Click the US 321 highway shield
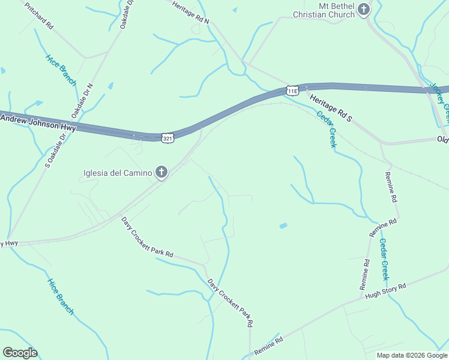[x=167, y=138]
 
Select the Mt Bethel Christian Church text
[x=324, y=10]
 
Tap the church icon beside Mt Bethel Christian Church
[x=364, y=9]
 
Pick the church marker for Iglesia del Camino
[x=161, y=173]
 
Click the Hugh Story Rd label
[x=386, y=290]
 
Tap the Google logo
[x=20, y=353]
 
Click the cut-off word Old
[x=442, y=139]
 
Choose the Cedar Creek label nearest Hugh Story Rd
[x=385, y=259]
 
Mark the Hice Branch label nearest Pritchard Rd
[x=61, y=70]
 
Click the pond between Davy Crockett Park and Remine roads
[x=283, y=226]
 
